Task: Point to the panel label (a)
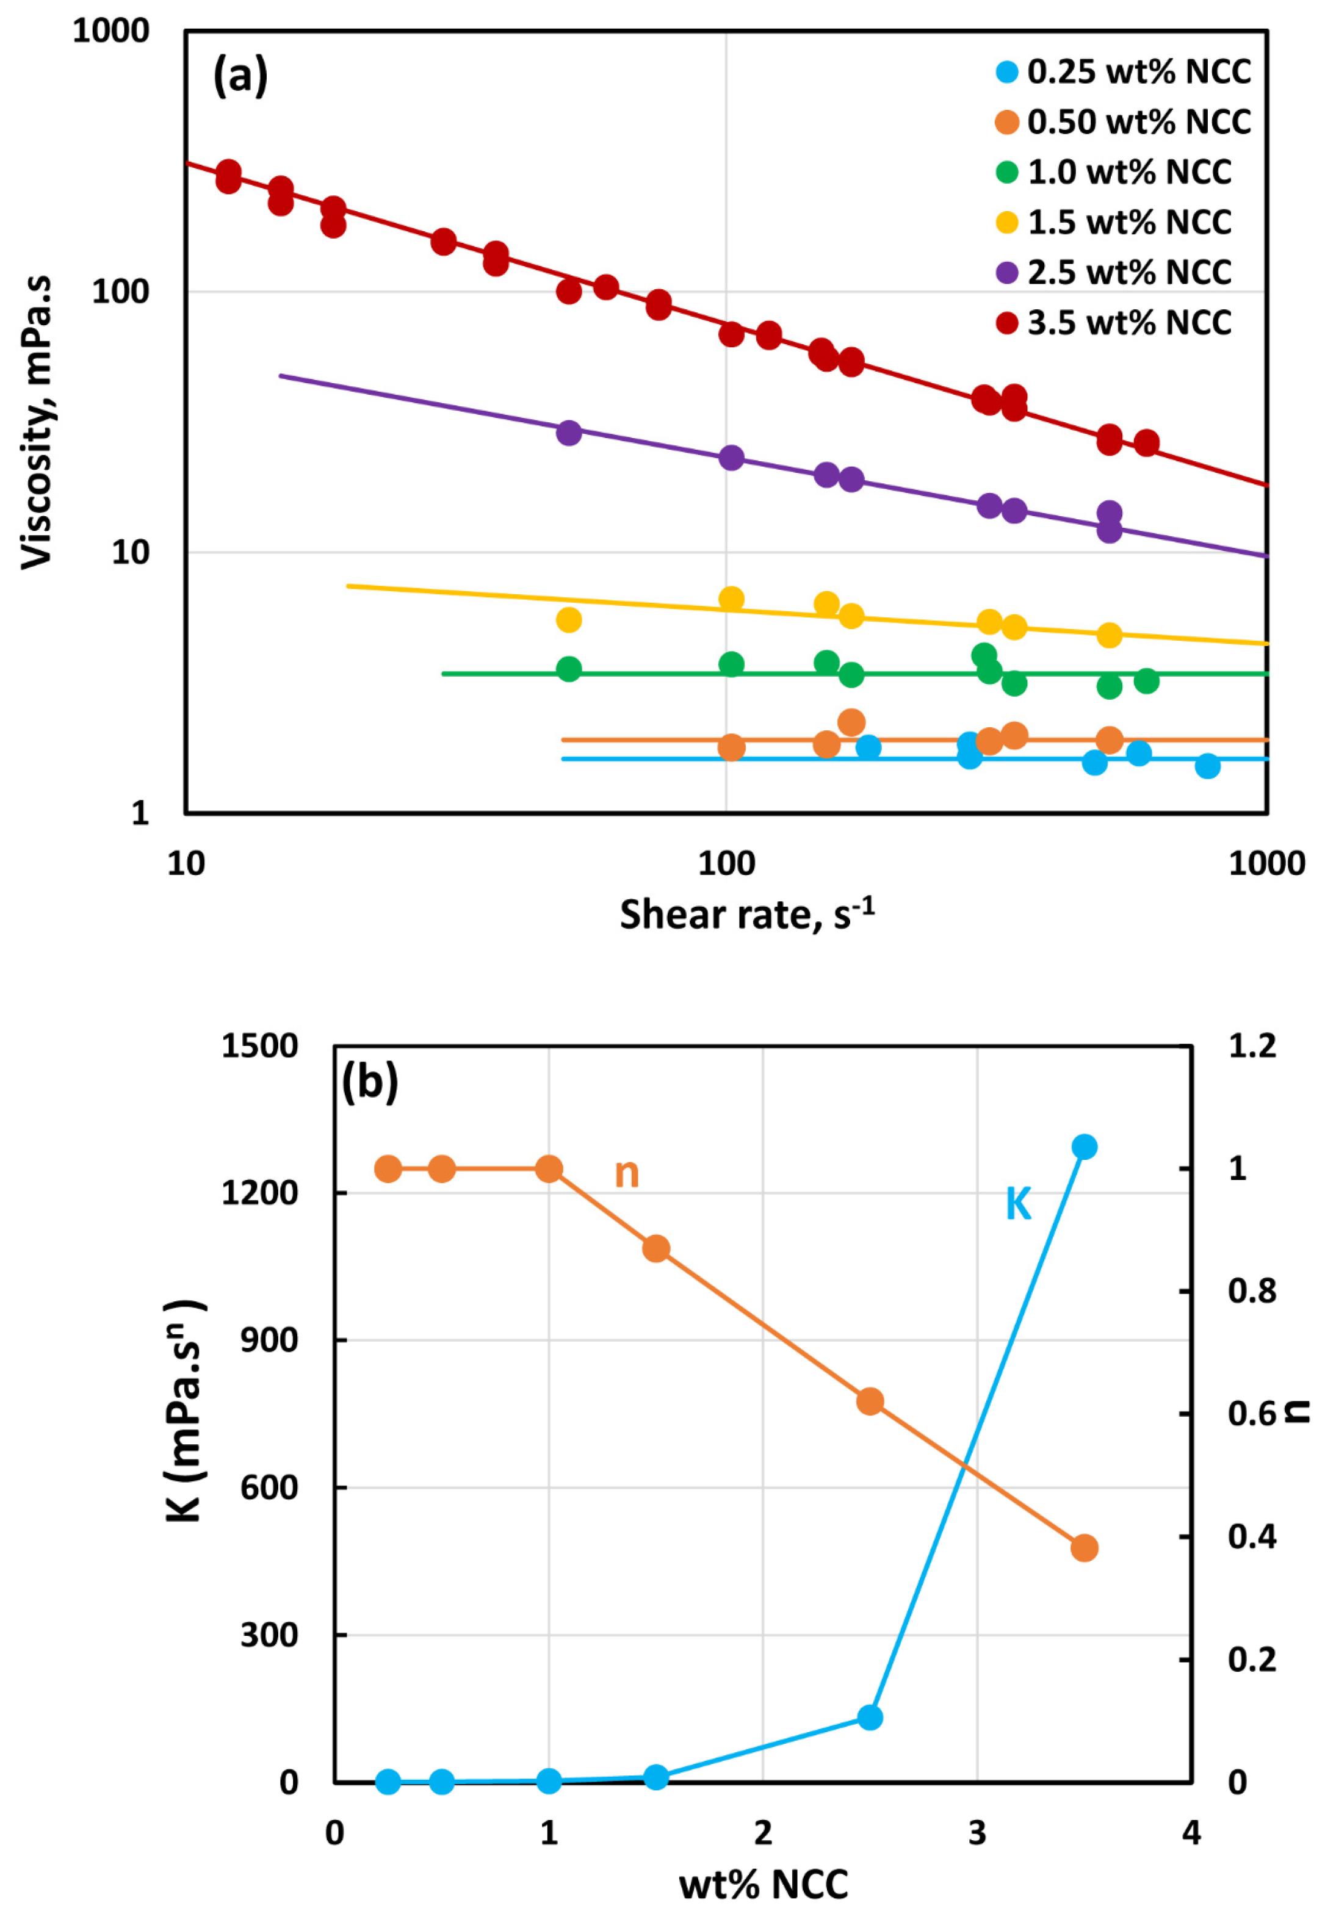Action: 240,76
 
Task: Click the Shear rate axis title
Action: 746,915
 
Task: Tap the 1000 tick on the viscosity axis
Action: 110,32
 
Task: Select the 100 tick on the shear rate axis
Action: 726,864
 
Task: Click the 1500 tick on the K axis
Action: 259,1046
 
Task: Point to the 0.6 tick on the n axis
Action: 1252,1414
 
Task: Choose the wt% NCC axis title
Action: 763,1884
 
